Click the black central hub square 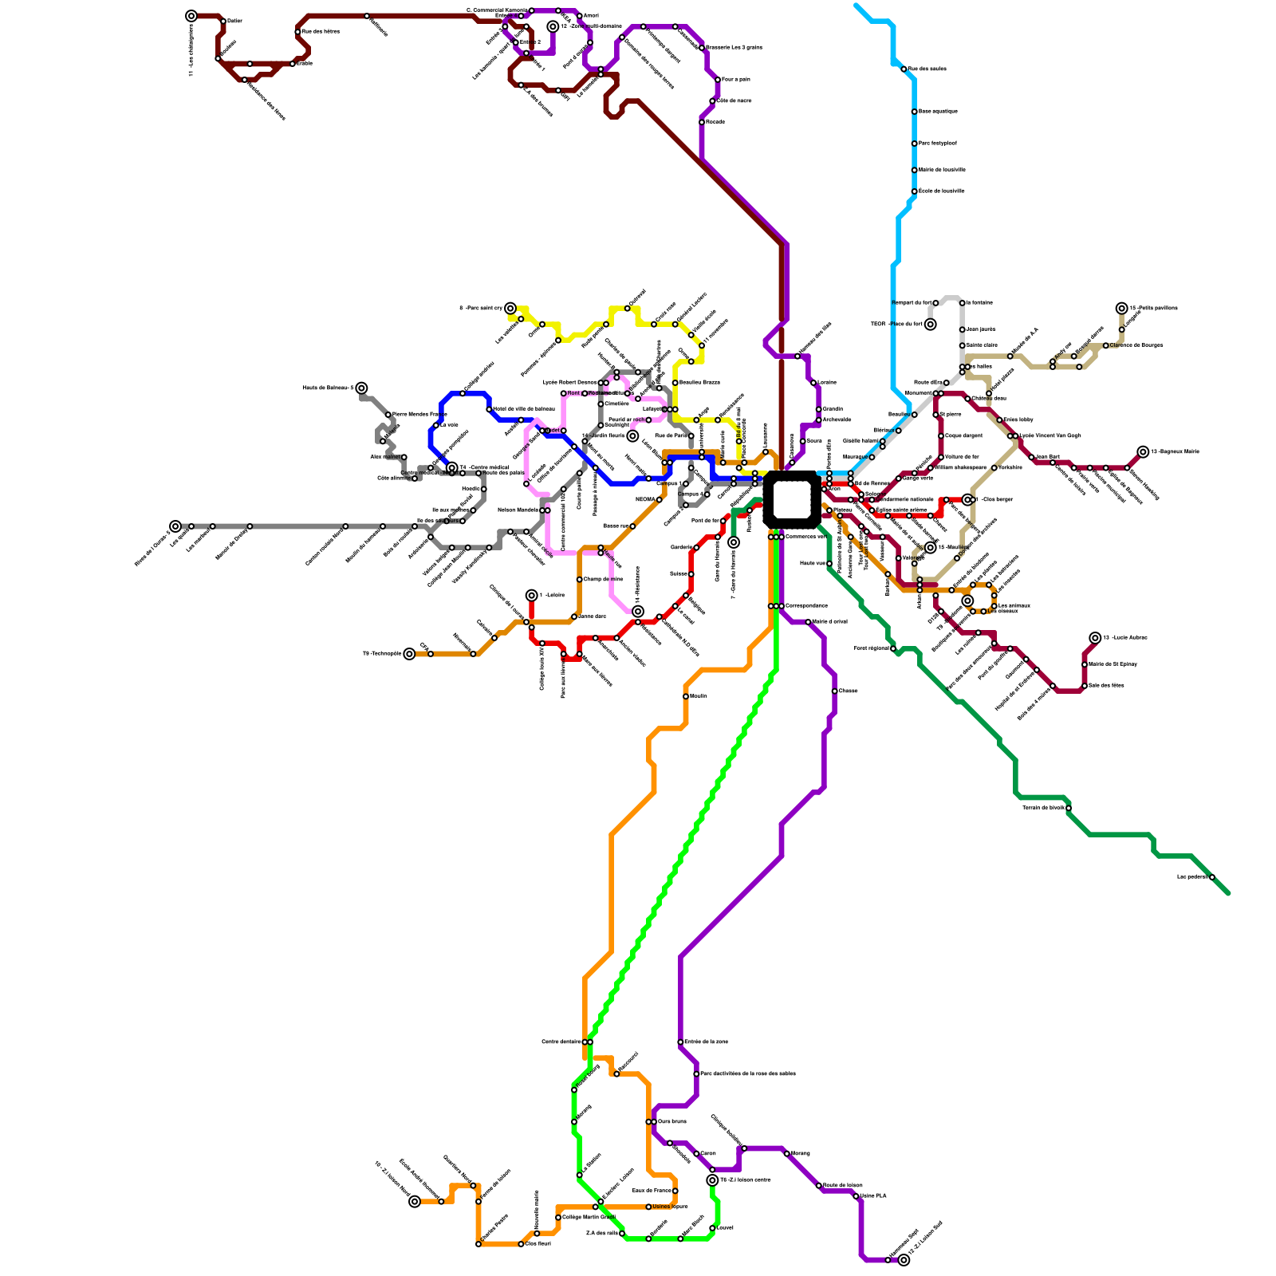click(x=791, y=499)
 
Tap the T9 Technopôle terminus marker click(x=409, y=654)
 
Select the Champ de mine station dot click(x=579, y=580)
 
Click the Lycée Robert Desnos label click(x=569, y=383)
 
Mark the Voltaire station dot click(x=994, y=467)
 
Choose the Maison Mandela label click(x=518, y=510)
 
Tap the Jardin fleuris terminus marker click(x=632, y=436)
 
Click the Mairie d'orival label click(x=829, y=621)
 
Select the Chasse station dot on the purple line click(x=834, y=691)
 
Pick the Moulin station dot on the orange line click(x=685, y=696)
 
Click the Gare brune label click(x=671, y=1121)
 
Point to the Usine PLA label click(x=873, y=1195)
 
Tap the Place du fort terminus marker click(x=930, y=324)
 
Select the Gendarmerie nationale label click(x=904, y=499)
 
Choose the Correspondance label click(x=806, y=606)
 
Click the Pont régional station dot click(x=892, y=648)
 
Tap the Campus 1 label click(x=668, y=483)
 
